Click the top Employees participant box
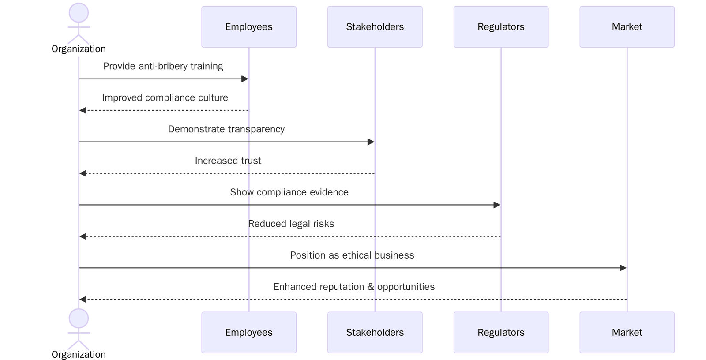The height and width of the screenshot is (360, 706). [x=248, y=27]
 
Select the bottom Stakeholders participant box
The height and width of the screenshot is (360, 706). [x=375, y=332]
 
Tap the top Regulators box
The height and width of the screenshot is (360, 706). [x=501, y=27]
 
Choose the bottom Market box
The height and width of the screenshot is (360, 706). [x=627, y=332]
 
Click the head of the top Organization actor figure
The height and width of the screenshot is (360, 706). [x=79, y=12]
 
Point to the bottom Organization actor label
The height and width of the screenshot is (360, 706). [x=79, y=354]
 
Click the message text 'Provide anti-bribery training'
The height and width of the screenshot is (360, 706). [x=163, y=66]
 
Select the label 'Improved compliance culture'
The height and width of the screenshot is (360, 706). [x=165, y=97]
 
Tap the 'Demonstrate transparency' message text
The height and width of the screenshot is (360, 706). [x=226, y=129]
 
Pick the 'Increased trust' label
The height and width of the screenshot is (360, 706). [x=228, y=161]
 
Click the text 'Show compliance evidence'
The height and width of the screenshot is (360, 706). [x=289, y=192]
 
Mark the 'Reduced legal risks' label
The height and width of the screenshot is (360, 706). [x=291, y=224]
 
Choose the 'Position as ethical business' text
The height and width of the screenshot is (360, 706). [x=352, y=255]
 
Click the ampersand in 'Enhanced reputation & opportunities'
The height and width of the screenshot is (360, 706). [x=371, y=287]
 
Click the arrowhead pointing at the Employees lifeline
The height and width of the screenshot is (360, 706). [x=245, y=79]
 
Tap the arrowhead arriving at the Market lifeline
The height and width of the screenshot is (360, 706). [x=623, y=268]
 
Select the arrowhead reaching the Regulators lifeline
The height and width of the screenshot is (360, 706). [x=497, y=205]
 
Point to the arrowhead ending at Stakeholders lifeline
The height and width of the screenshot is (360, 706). [x=371, y=142]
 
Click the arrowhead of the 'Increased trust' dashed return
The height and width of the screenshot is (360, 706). [x=83, y=173]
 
